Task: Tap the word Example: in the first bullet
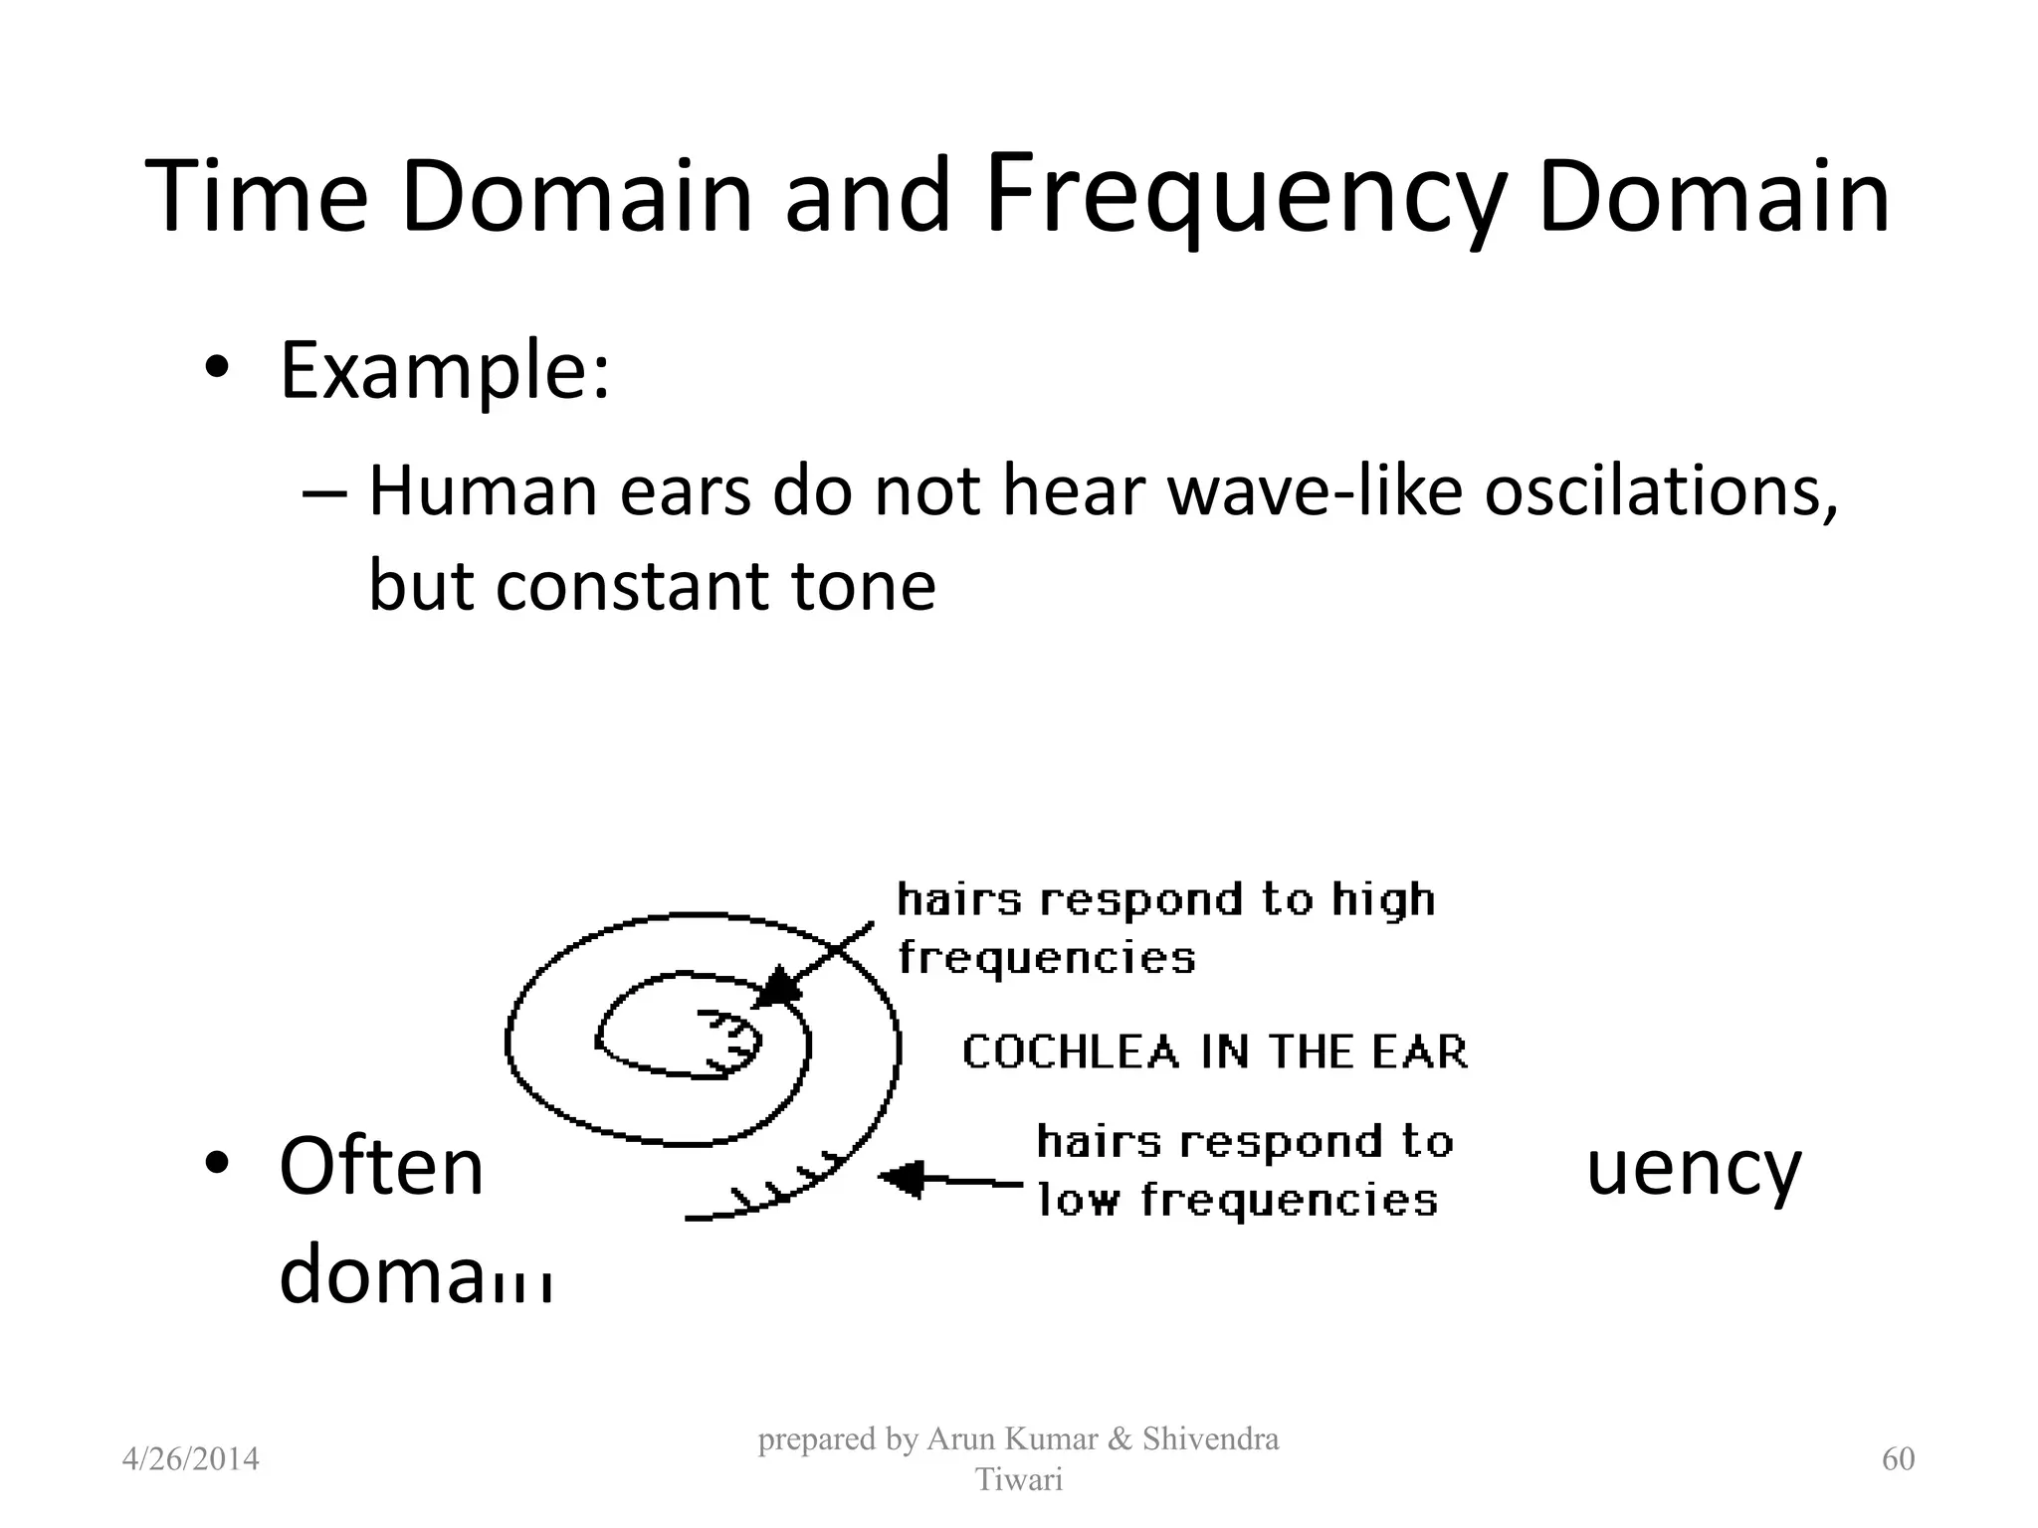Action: click(444, 371)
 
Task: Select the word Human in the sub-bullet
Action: click(483, 491)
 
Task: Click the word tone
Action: click(863, 585)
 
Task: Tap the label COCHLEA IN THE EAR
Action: click(1215, 1052)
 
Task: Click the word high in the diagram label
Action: click(1384, 900)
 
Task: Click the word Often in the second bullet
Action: click(381, 1167)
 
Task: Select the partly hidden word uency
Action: click(1693, 1170)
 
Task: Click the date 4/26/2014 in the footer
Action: click(190, 1459)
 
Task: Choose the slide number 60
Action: click(1898, 1459)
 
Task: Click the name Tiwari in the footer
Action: click(1018, 1480)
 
